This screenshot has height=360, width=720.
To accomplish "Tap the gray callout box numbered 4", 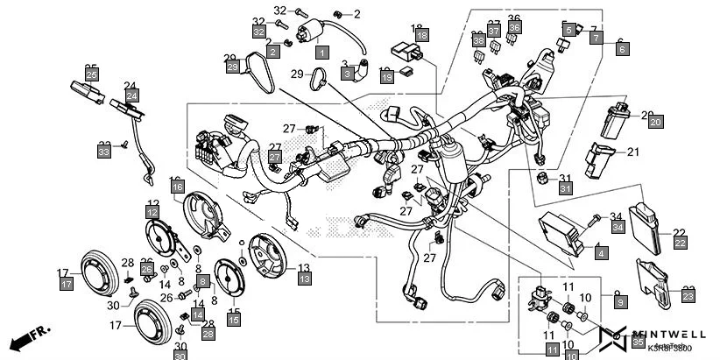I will tap(601, 253).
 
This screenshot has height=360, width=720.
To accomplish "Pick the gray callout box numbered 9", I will tap(620, 302).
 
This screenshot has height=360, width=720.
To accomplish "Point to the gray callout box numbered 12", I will tap(152, 213).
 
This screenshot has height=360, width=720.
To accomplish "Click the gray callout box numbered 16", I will tap(177, 187).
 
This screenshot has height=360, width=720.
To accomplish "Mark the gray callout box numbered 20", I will tap(654, 124).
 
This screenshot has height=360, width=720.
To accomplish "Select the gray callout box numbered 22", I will tap(679, 242).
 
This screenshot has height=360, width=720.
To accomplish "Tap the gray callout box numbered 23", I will tap(687, 297).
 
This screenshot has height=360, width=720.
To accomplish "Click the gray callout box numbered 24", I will tap(131, 95).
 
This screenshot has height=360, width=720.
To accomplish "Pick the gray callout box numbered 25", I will tap(91, 75).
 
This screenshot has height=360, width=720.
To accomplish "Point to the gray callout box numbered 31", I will tap(565, 188).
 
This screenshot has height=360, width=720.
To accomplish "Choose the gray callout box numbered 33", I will tap(104, 152).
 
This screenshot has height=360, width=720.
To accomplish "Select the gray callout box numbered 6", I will tap(623, 51).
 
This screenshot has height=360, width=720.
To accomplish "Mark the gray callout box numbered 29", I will tap(232, 67).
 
